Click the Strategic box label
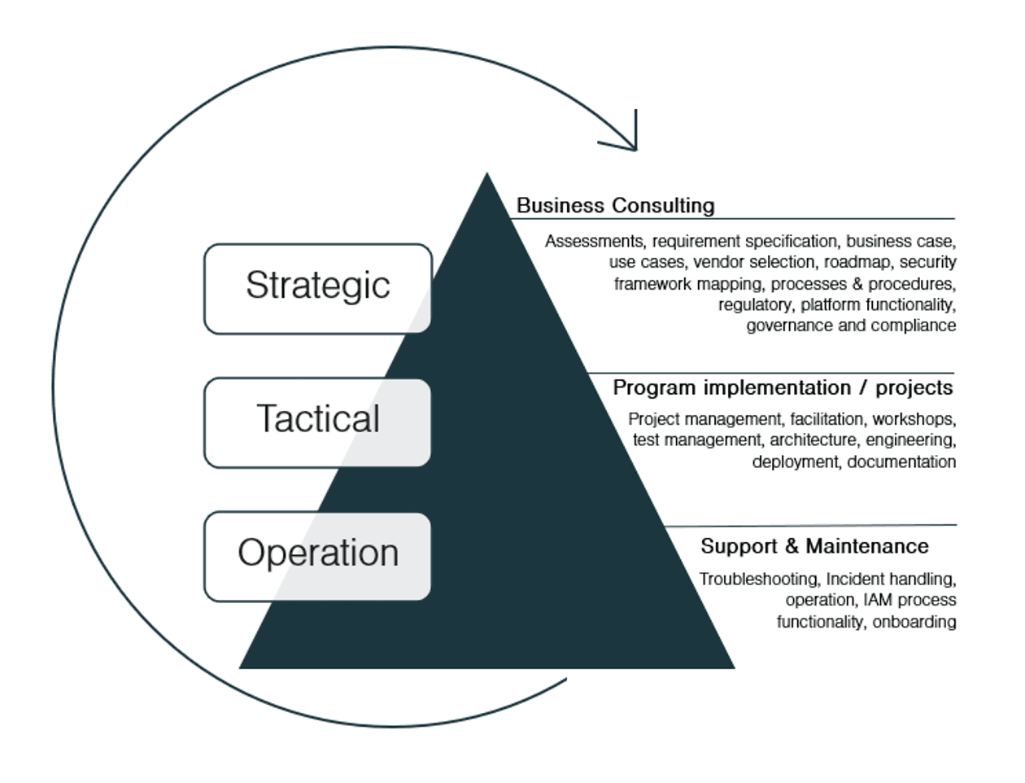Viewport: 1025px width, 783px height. tap(317, 286)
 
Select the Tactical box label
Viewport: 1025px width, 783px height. tap(318, 419)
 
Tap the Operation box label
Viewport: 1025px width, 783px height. tap(318, 553)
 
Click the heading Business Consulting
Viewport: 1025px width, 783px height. tap(615, 205)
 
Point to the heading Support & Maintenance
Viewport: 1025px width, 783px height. tap(813, 546)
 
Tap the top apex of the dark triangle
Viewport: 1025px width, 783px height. tap(487, 176)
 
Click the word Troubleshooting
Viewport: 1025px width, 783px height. tap(758, 580)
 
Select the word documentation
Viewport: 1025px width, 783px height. tap(901, 462)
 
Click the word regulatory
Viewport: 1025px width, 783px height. tap(754, 305)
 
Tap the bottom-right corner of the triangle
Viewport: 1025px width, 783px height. tap(731, 667)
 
